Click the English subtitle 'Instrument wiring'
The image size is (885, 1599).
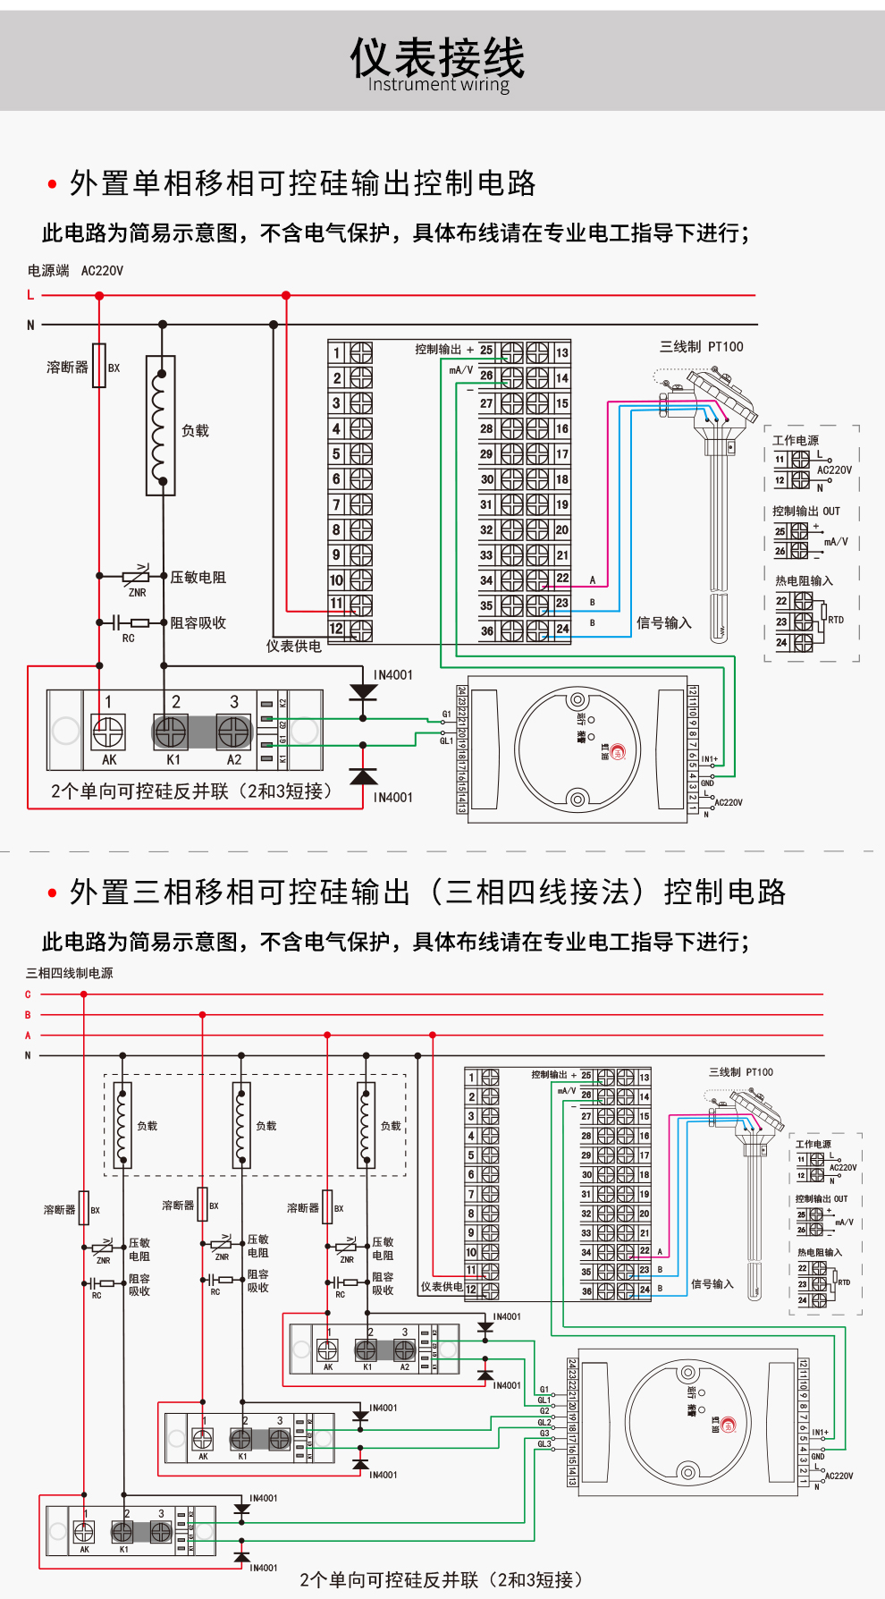coord(438,85)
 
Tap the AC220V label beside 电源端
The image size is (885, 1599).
coord(102,271)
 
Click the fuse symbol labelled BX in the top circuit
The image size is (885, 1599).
coord(99,366)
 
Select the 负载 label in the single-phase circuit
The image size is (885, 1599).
coord(195,431)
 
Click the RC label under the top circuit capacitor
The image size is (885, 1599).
coord(128,639)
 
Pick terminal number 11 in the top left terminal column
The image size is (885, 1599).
coord(337,604)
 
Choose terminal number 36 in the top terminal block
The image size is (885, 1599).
coord(486,630)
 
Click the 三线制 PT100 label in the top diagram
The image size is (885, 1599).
coord(701,347)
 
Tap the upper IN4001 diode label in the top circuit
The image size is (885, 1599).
coord(393,675)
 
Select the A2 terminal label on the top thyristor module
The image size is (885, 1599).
coord(234,760)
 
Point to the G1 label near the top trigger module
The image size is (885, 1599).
coord(446,715)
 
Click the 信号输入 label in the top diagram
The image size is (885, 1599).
coord(663,623)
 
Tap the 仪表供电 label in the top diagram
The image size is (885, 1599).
coord(293,646)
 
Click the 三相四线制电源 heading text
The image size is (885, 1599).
coord(70,973)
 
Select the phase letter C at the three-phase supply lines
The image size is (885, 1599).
coord(28,994)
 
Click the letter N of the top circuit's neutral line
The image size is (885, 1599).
coord(30,326)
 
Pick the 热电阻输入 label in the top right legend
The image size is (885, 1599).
coord(804,581)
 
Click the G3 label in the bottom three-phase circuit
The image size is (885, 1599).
coord(544,1434)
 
